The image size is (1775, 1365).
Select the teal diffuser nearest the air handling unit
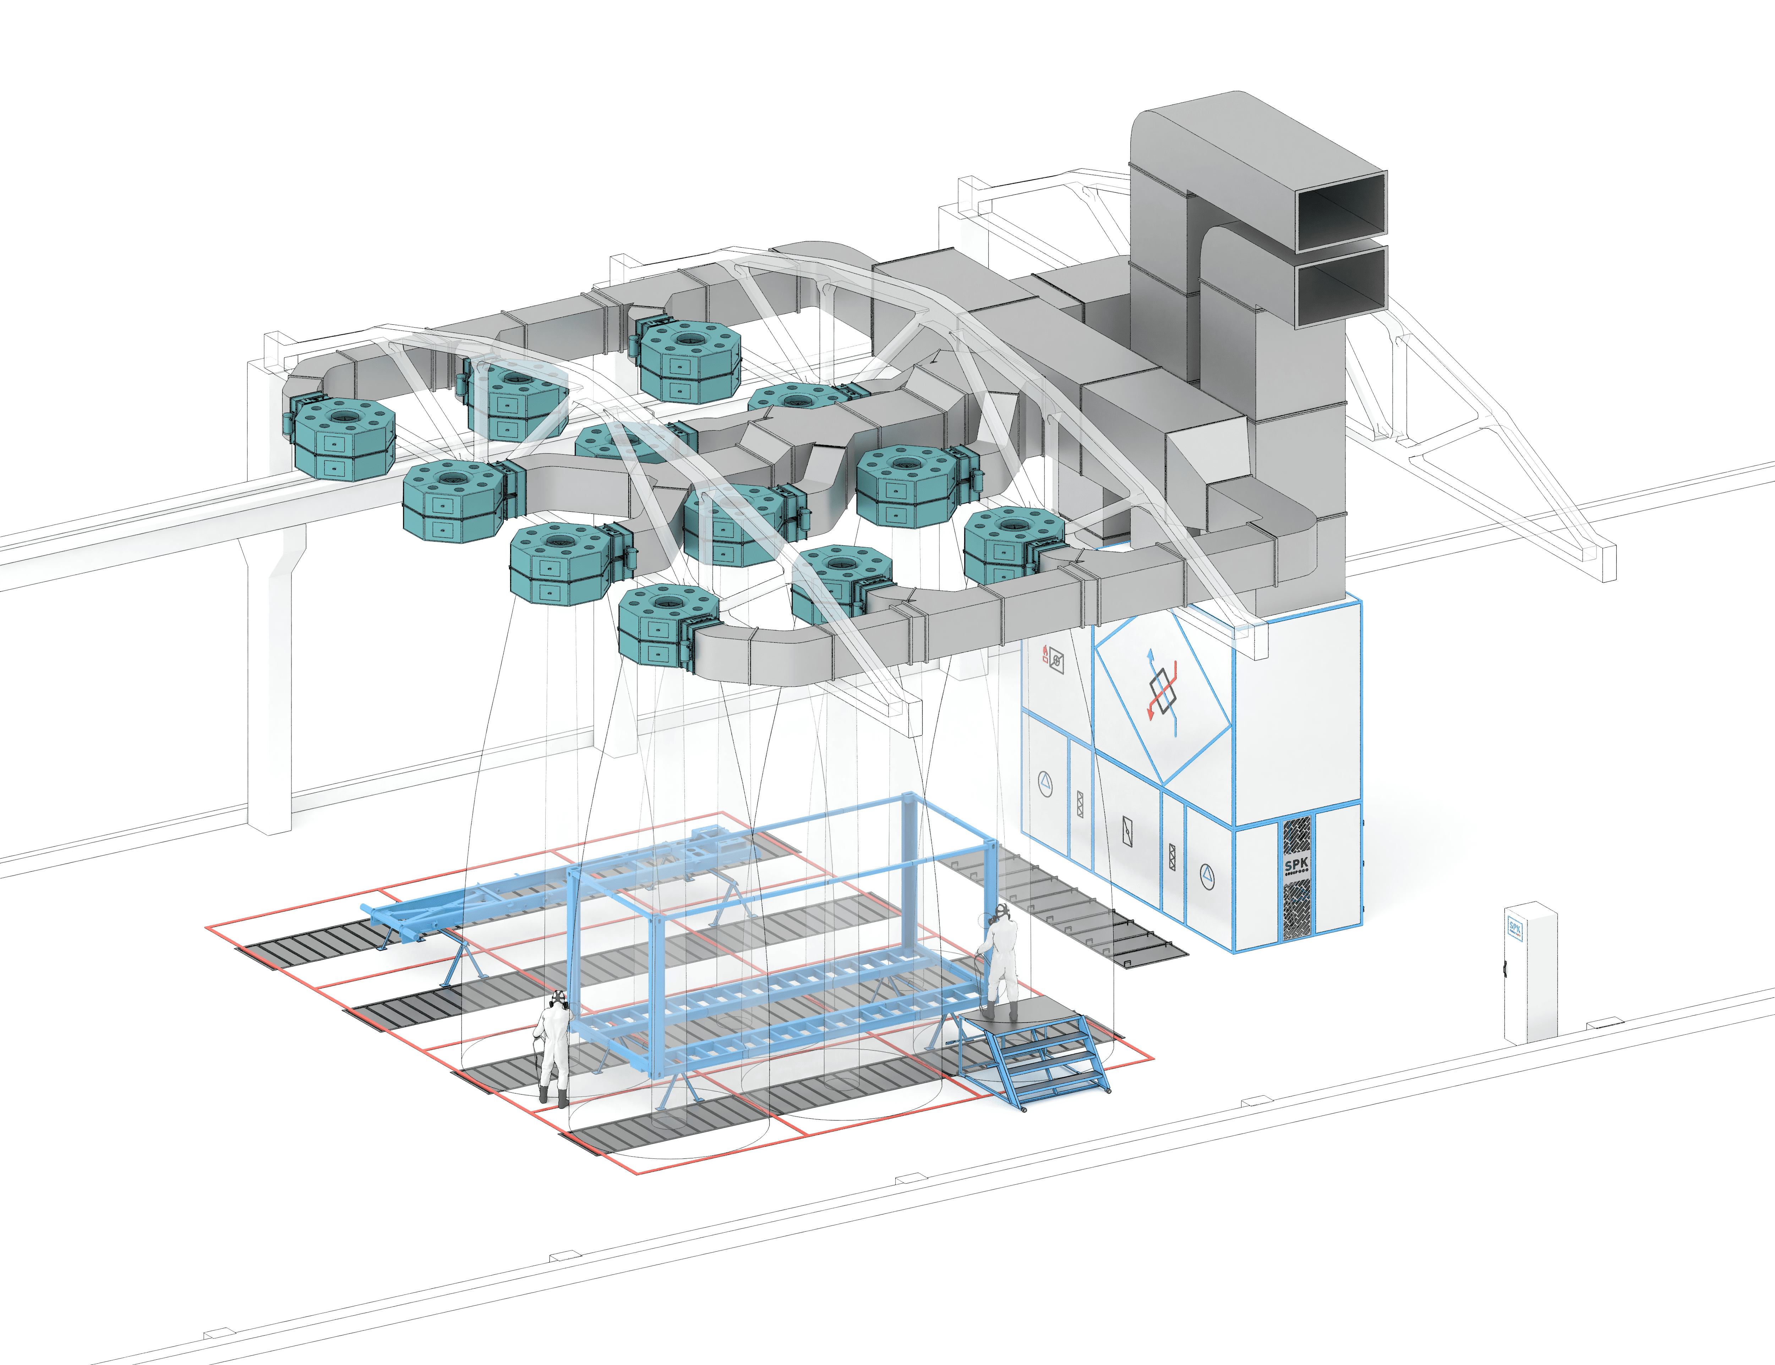[x=1012, y=543]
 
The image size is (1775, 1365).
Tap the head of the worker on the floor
[x=558, y=999]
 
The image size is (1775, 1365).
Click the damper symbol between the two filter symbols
[x=1126, y=830]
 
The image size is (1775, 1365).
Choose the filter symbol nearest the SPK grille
[x=1172, y=857]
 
